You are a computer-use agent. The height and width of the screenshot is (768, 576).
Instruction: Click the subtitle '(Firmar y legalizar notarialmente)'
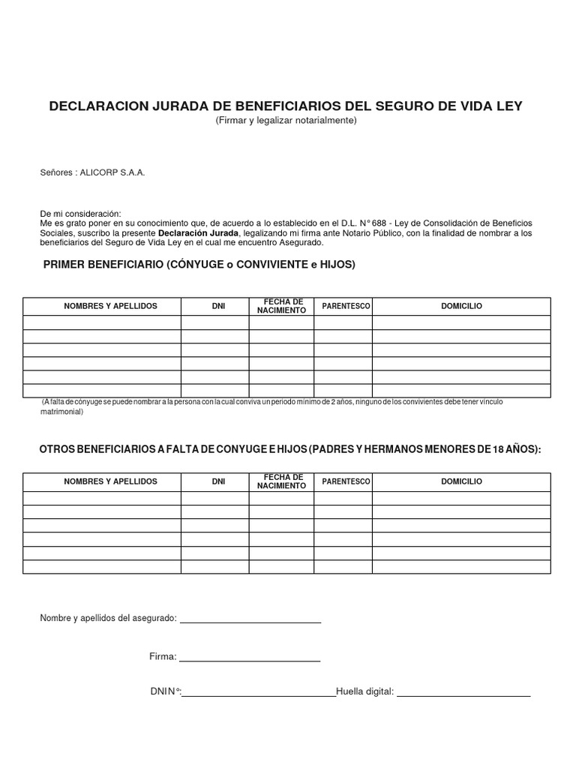[x=286, y=121]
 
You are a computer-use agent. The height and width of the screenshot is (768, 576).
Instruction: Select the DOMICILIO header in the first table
[x=461, y=307]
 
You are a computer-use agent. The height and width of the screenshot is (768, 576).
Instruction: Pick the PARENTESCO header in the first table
[x=346, y=307]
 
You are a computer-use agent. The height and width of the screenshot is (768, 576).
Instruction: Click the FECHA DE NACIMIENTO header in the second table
[x=281, y=481]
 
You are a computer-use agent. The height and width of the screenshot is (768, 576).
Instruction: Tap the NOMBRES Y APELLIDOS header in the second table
[x=110, y=481]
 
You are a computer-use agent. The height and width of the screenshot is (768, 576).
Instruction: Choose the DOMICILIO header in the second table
[x=461, y=481]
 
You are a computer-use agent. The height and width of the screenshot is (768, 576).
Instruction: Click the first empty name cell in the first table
[x=102, y=322]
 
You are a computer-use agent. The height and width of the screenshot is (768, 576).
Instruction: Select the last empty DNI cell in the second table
[x=214, y=566]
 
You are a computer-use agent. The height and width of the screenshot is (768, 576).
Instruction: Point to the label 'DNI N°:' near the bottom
[x=166, y=691]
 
